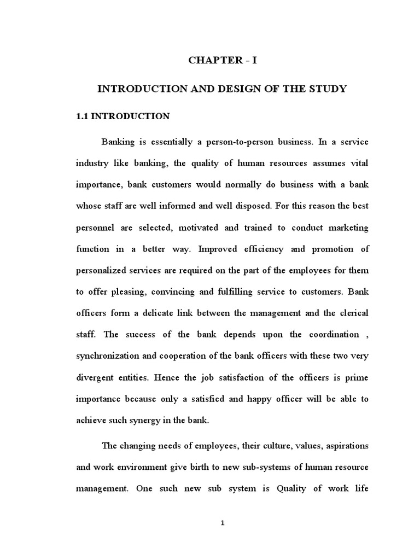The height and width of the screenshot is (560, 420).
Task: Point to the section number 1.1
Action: [x=83, y=116]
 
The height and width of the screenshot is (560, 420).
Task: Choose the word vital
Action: [x=358, y=163]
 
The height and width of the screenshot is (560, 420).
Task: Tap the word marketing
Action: [x=347, y=227]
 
